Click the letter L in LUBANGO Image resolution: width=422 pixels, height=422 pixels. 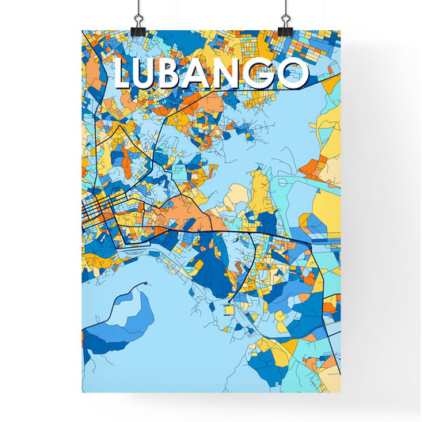pyautogui.click(x=124, y=74)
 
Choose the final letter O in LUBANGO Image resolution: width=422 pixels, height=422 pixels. pyautogui.click(x=294, y=74)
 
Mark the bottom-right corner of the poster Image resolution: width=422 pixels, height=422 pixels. pyautogui.click(x=340, y=392)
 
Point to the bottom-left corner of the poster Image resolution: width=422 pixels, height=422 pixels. pyautogui.click(x=82, y=392)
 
